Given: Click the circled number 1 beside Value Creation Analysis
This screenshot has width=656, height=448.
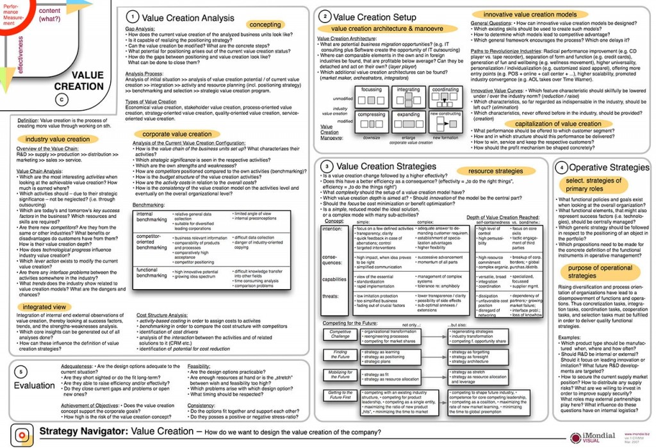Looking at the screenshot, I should (131, 17).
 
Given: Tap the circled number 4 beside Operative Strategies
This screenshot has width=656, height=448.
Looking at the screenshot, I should (561, 167).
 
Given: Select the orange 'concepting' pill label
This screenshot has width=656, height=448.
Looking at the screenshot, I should (265, 24).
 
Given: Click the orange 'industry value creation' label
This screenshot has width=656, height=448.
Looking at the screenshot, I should (58, 139).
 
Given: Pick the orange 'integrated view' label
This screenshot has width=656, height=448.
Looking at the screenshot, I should (44, 307).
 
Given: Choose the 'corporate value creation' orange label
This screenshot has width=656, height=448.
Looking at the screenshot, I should (177, 134).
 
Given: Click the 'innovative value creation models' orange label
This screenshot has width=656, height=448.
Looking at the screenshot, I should (529, 14).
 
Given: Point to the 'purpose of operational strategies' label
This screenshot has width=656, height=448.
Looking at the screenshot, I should (600, 272).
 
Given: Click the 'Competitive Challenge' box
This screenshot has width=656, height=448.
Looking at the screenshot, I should (340, 335).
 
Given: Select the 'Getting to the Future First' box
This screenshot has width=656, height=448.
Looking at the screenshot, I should (340, 395).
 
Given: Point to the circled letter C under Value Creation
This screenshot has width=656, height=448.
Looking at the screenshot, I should (61, 99).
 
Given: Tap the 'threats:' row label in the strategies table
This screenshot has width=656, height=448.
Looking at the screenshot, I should (331, 296).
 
